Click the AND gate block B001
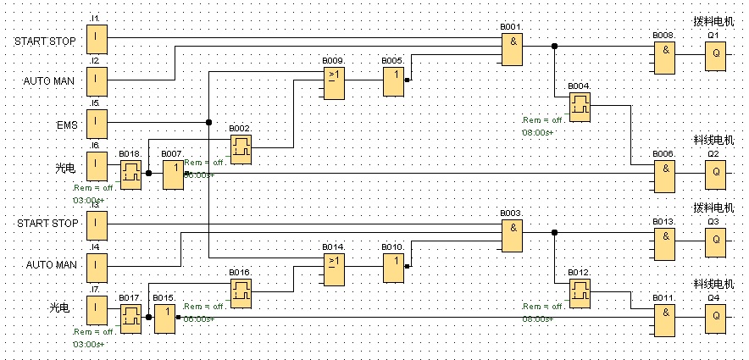coord(511,50)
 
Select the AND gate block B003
coord(511,235)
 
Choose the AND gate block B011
coord(664,318)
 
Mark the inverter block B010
coord(392,268)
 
